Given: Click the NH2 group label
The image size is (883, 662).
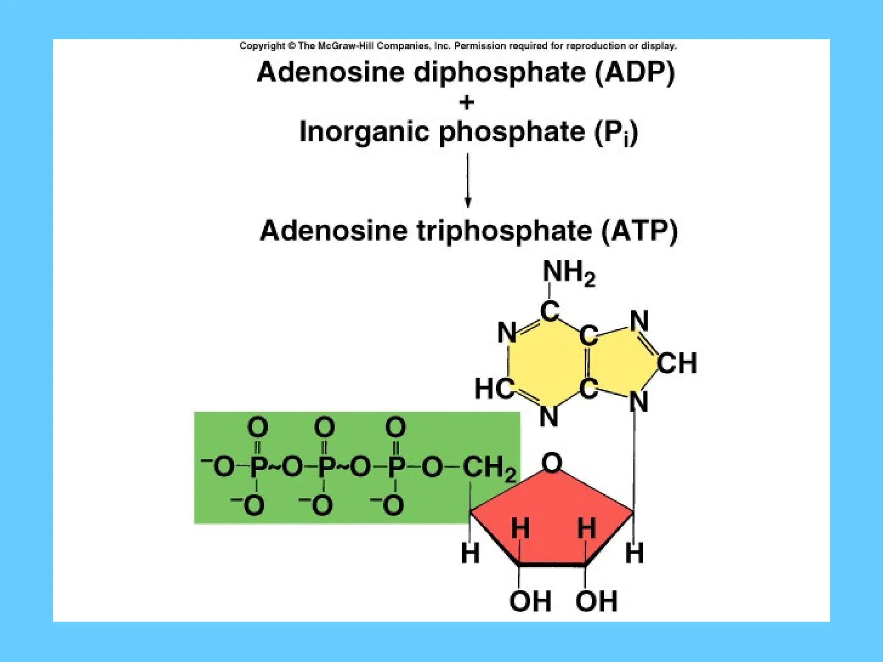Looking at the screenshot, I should [x=568, y=273].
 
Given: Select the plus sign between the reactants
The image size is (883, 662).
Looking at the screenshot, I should [x=467, y=103].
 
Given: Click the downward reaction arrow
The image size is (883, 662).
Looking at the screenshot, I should [x=468, y=181].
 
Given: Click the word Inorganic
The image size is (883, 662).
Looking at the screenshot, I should [x=364, y=131].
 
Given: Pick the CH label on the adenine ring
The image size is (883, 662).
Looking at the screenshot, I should [x=676, y=363].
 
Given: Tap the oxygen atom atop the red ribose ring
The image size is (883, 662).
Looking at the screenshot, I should [x=552, y=463].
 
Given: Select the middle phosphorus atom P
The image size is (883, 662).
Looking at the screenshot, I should [x=326, y=467].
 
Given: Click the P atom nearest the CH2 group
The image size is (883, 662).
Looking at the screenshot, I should [x=396, y=467].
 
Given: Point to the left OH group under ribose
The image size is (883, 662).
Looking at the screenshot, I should [x=530, y=601].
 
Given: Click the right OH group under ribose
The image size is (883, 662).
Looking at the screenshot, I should [x=596, y=601].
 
